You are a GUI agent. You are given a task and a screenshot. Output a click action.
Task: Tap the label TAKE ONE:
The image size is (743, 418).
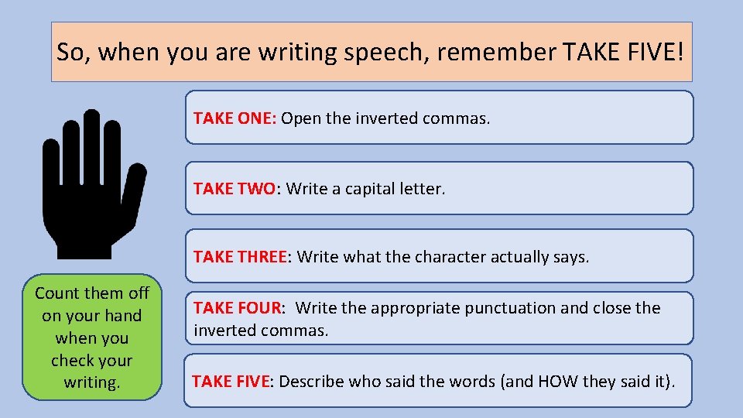pyautogui.click(x=235, y=118)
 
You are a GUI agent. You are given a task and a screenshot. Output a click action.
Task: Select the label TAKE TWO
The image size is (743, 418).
pyautogui.click(x=235, y=189)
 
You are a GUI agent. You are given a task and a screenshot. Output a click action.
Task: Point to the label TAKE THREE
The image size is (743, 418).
pyautogui.click(x=240, y=256)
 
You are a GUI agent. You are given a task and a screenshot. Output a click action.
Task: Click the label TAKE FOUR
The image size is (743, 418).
pyautogui.click(x=238, y=308)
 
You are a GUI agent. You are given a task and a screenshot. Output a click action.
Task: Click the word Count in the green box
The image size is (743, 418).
pyautogui.click(x=56, y=293)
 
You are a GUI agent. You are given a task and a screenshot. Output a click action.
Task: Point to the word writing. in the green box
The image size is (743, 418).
pyautogui.click(x=91, y=382)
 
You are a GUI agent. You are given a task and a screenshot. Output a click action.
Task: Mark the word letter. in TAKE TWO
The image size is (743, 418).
pyautogui.click(x=423, y=189)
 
